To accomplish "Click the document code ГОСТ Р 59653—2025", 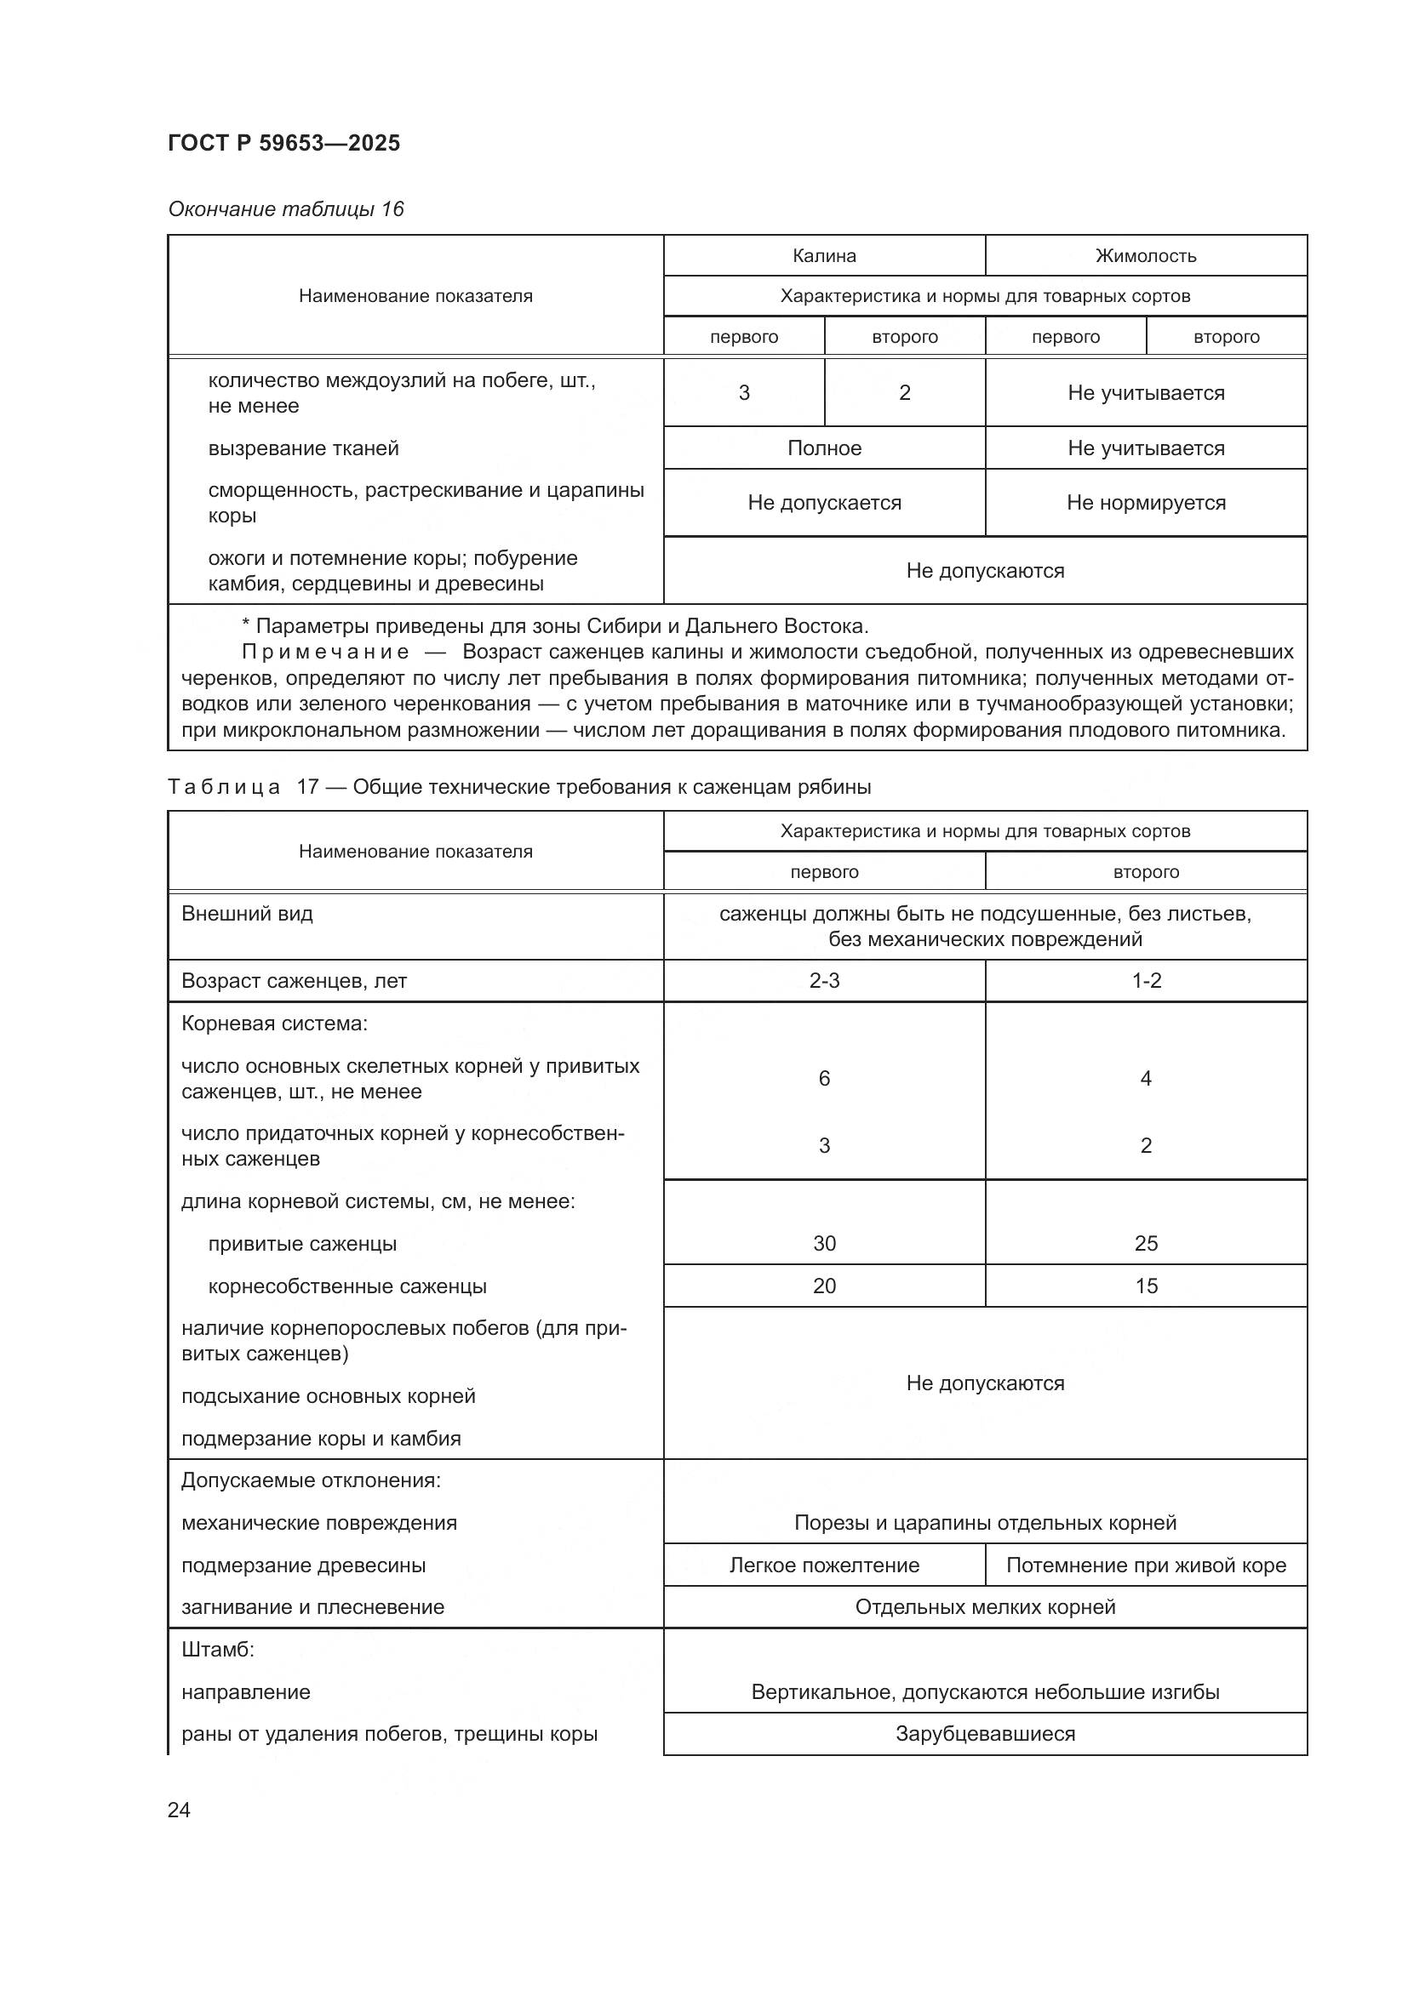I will [x=283, y=143].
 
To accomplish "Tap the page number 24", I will [x=179, y=1810].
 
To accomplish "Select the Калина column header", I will [x=824, y=256].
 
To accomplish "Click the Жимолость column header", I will [x=1145, y=256].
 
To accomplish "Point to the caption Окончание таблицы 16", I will [x=285, y=209].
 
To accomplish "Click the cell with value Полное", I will [x=824, y=448].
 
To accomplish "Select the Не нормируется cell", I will [x=1145, y=503].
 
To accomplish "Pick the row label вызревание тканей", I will [x=303, y=448].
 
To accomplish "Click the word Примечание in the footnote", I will [x=325, y=652].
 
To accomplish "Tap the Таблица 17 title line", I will [x=518, y=787].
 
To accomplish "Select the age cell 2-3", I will [x=824, y=980].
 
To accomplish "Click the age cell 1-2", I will [x=1145, y=980].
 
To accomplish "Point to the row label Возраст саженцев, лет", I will [x=294, y=980].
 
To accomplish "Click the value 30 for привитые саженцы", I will [x=824, y=1243].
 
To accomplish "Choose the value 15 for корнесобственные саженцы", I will [x=1145, y=1286].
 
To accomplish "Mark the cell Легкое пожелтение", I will [x=824, y=1565].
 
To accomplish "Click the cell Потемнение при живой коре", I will [x=1145, y=1565].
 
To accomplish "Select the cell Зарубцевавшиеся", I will [x=985, y=1733].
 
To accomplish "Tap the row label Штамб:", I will [x=218, y=1650].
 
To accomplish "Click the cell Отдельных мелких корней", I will [x=985, y=1607].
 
